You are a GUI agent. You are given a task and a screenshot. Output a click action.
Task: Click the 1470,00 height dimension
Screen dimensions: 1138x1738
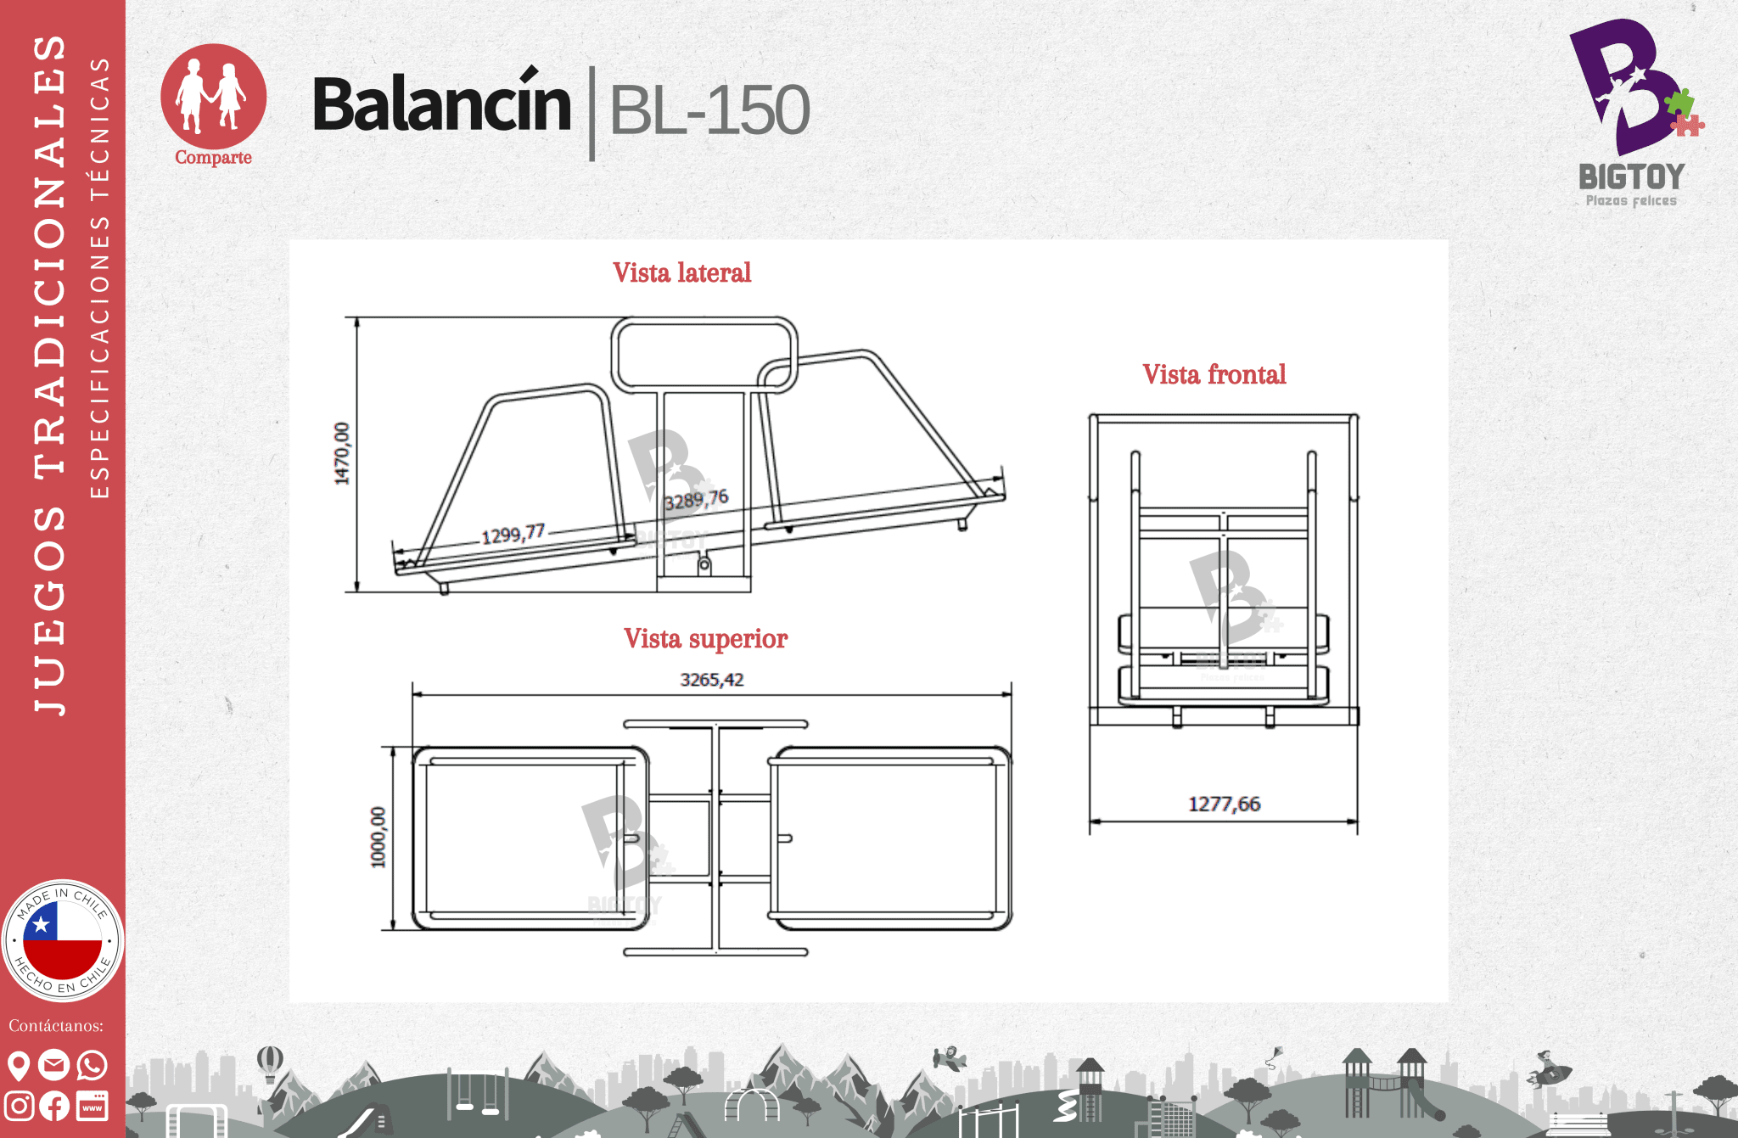click(341, 453)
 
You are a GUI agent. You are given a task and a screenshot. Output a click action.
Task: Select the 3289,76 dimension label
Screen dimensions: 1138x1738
click(696, 500)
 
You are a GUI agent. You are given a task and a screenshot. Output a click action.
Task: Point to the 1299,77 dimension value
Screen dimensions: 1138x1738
click(513, 535)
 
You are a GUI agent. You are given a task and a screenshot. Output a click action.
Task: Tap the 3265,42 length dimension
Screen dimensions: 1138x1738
click(711, 680)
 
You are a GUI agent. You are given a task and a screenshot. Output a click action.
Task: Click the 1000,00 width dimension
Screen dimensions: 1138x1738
click(378, 837)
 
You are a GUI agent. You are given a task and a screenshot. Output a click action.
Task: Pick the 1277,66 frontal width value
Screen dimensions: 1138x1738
click(1224, 804)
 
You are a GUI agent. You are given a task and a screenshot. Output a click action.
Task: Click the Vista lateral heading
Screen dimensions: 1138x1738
click(681, 272)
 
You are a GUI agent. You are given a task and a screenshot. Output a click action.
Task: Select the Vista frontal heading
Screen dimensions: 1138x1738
click(1214, 374)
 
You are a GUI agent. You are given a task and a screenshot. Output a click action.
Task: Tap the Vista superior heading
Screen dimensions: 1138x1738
click(705, 638)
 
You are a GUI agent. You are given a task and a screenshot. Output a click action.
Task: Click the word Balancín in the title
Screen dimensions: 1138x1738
click(441, 105)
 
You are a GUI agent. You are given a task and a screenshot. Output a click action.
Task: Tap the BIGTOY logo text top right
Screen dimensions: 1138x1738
click(1630, 177)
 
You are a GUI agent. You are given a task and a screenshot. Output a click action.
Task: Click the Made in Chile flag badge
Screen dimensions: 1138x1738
click(62, 940)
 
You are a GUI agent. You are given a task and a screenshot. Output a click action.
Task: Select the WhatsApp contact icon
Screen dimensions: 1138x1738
click(92, 1065)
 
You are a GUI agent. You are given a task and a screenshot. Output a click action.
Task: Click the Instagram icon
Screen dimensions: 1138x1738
click(19, 1106)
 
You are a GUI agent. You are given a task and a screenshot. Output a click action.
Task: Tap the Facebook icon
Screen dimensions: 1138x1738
click(54, 1106)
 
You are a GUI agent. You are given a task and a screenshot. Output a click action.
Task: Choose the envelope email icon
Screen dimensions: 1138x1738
click(53, 1065)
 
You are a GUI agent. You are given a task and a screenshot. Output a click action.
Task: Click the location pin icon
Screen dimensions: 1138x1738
click(18, 1065)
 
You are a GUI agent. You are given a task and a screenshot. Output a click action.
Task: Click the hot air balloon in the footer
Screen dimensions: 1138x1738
click(269, 1062)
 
